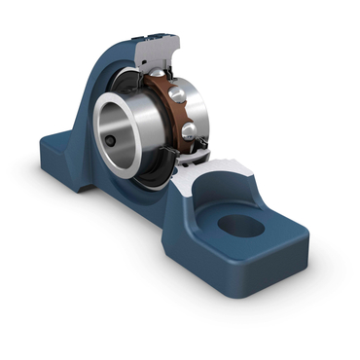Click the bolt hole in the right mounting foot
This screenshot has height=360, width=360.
241,226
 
